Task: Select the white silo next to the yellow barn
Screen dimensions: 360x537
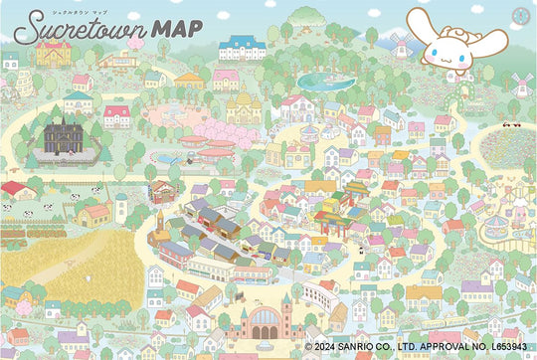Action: point(120,208)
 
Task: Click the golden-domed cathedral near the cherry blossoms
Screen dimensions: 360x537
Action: point(244,102)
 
